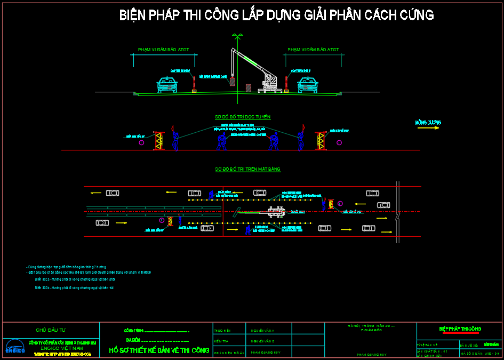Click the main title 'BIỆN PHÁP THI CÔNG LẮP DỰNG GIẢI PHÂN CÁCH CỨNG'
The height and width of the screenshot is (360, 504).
(276, 15)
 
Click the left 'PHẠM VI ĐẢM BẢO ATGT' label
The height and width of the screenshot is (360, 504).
(164, 50)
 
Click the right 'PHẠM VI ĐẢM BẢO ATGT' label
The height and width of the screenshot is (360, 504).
(313, 50)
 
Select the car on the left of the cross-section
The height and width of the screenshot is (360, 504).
(167, 85)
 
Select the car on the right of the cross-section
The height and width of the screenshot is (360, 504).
(307, 85)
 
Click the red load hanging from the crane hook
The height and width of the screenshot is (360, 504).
(233, 82)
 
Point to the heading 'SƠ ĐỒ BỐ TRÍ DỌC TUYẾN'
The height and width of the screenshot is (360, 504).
(243, 117)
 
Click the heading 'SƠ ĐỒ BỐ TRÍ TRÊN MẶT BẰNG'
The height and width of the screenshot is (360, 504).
(247, 169)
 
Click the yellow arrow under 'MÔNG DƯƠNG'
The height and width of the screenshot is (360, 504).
(429, 128)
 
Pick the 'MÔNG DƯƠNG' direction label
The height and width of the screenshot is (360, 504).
(428, 122)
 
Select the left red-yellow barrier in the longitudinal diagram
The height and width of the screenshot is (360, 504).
(158, 140)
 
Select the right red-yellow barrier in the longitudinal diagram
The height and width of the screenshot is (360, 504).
(320, 140)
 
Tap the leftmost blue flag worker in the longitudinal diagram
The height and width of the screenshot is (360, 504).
(175, 140)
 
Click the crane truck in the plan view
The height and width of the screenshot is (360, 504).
(276, 212)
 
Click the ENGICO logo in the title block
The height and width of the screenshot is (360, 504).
(15, 347)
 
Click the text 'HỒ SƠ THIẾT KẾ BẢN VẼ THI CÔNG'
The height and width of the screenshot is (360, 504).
(159, 350)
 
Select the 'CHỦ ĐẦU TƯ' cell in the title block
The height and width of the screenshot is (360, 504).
(51, 330)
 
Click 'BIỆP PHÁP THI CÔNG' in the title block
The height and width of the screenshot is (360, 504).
(460, 329)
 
